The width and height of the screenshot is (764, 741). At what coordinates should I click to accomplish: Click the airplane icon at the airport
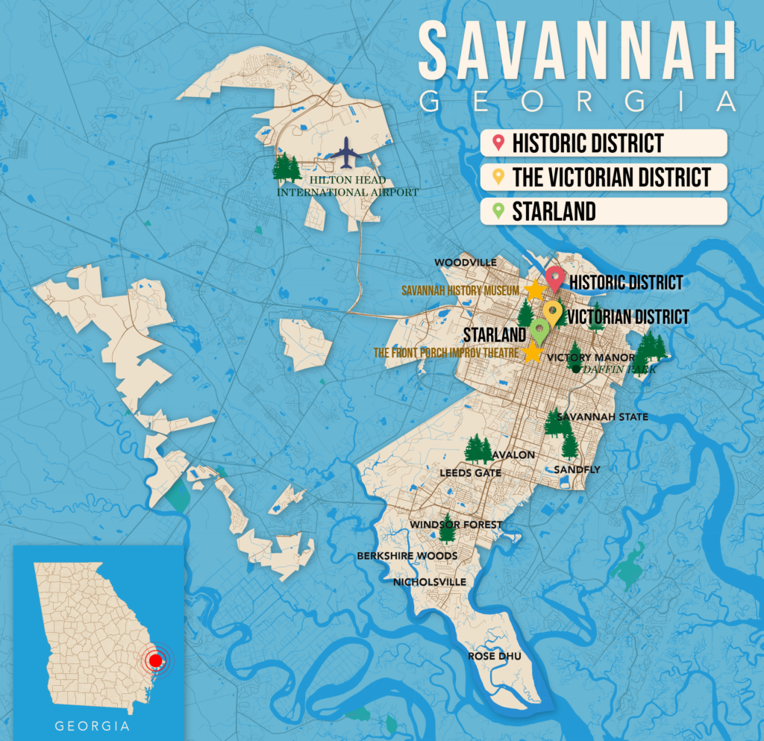pyautogui.click(x=345, y=152)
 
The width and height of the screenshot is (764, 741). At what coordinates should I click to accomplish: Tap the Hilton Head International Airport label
pyautogui.click(x=348, y=187)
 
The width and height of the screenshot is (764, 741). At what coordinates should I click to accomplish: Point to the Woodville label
pyautogui.click(x=466, y=263)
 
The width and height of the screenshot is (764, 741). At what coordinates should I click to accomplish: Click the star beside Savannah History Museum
pyautogui.click(x=534, y=290)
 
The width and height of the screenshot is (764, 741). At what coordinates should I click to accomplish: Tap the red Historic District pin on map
pyautogui.click(x=554, y=278)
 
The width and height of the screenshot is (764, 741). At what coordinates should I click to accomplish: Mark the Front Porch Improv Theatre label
pyautogui.click(x=447, y=352)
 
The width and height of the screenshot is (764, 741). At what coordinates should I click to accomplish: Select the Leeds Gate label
pyautogui.click(x=470, y=473)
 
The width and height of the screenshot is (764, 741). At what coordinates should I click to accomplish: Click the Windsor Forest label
pyautogui.click(x=456, y=525)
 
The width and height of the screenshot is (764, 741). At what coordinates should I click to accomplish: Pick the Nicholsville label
pyautogui.click(x=429, y=582)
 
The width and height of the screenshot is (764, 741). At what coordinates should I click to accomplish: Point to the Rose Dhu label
pyautogui.click(x=493, y=657)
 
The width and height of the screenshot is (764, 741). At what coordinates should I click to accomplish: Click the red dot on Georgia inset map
pyautogui.click(x=155, y=660)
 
